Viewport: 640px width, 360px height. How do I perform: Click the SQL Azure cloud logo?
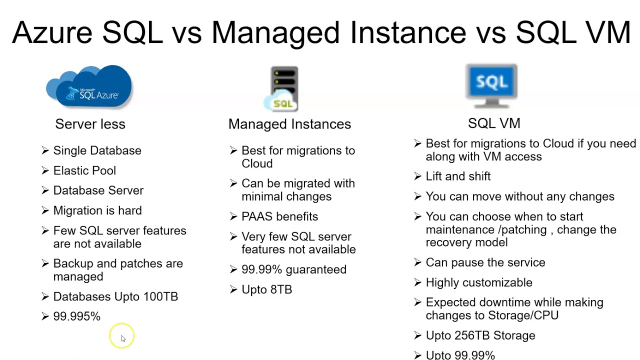(90, 86)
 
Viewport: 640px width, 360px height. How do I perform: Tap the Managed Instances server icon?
(282, 88)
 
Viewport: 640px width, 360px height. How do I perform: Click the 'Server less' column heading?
(90, 124)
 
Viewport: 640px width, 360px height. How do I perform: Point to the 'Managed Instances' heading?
(289, 124)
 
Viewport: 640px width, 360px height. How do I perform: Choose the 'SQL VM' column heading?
(494, 123)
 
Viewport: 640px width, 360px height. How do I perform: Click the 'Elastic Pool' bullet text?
(84, 170)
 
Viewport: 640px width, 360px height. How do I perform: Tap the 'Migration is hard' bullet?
(97, 210)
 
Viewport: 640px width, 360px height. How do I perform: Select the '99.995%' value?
(76, 316)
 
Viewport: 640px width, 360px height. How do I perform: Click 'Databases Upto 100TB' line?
(115, 296)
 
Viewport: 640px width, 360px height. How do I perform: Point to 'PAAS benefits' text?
(279, 216)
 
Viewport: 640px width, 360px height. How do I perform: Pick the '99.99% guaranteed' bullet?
(293, 269)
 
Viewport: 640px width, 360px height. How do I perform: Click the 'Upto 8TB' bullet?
(266, 289)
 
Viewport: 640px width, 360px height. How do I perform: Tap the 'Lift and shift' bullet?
(458, 176)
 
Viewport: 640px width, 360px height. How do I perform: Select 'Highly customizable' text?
(478, 282)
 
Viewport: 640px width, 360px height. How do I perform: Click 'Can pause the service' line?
(485, 262)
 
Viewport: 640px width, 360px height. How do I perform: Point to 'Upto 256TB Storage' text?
(480, 335)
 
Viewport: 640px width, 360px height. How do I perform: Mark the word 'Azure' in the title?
(52, 32)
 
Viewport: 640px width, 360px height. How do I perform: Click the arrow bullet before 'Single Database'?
(45, 150)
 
